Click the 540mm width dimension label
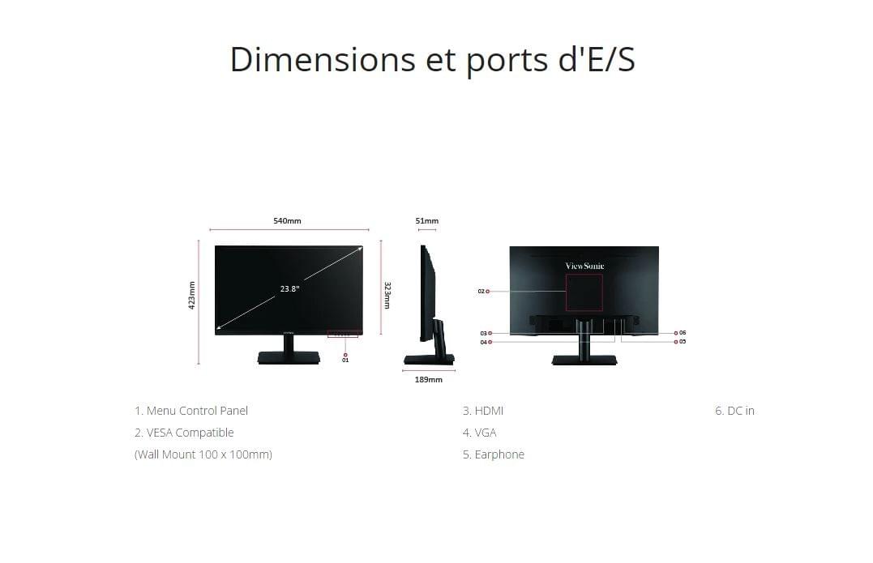coord(287,221)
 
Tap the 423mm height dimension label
coord(192,295)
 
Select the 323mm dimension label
coord(387,296)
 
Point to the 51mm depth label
coord(427,221)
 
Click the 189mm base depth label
coord(429,379)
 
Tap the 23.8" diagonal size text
coord(290,288)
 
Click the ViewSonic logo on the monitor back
coord(584,266)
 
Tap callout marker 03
coord(486,333)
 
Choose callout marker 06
coord(680,333)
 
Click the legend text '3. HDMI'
coord(483,411)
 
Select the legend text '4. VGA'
coord(479,433)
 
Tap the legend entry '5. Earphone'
coord(494,454)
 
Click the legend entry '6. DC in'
coord(734,411)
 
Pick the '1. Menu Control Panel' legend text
coord(191,411)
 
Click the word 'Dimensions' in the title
coord(323,59)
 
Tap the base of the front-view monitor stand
coord(289,358)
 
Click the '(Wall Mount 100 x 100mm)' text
coord(203,454)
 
